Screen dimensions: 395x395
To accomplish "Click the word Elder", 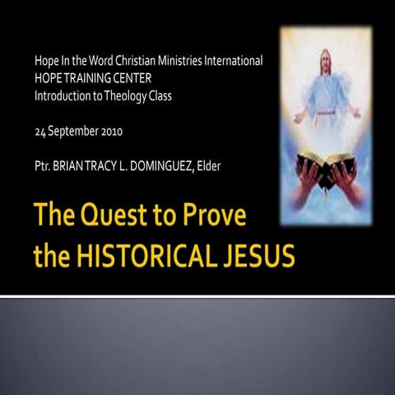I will (232, 167).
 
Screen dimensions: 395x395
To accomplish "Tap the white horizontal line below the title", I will (197, 295).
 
